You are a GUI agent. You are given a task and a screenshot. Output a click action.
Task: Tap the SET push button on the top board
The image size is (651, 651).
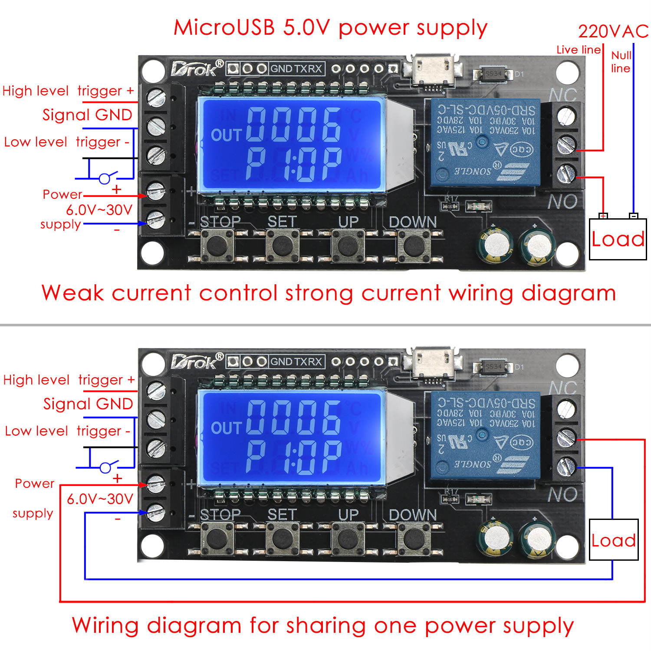pos(282,245)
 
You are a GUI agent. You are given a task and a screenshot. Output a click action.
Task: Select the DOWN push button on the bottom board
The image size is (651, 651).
pos(414,539)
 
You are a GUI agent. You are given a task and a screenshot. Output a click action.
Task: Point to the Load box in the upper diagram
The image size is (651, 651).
pos(618,239)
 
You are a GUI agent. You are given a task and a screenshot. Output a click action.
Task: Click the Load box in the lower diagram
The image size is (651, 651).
pos(614,540)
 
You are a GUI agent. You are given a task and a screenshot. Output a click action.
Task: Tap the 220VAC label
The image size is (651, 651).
pos(613,31)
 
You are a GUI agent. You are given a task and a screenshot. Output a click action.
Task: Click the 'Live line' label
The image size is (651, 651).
pos(579,50)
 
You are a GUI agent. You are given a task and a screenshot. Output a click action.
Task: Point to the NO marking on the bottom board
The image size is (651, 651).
pos(562,494)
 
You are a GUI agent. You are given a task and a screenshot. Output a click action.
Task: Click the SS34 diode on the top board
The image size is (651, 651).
pos(493,74)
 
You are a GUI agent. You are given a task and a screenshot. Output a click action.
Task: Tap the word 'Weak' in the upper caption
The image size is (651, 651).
pos(73,293)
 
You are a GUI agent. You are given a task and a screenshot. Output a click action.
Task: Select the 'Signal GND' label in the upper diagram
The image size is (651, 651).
pos(87,115)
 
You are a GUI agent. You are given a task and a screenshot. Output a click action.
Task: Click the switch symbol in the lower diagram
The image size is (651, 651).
pos(106,467)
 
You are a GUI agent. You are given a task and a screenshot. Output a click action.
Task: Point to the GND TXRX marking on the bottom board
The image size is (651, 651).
pos(296,362)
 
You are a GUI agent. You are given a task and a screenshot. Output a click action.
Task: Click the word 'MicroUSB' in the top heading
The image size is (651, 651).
pos(224,28)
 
